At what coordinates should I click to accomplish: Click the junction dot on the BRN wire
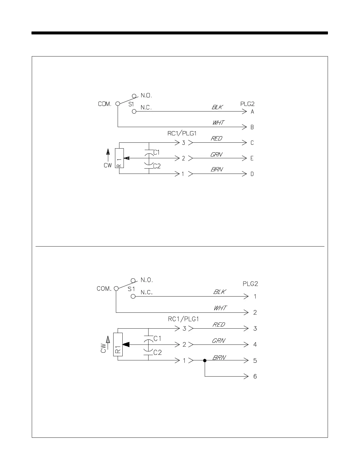(205, 360)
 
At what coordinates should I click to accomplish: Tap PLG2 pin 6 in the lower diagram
(255, 376)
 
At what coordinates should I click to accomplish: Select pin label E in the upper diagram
(252, 158)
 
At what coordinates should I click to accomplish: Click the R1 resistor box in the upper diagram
(119, 158)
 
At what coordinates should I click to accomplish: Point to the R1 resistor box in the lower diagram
(118, 344)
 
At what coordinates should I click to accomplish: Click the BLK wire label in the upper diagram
(217, 107)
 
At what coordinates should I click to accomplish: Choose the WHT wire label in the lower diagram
(220, 308)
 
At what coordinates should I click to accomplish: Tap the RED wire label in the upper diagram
(216, 139)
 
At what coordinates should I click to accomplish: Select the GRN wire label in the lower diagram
(219, 341)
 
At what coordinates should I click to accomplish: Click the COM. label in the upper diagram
(105, 104)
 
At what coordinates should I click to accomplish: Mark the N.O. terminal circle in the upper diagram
(134, 96)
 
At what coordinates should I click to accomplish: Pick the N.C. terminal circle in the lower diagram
(133, 297)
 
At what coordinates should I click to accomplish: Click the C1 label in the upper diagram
(157, 152)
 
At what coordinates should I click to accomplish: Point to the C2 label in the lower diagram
(158, 352)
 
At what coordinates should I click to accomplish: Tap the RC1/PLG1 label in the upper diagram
(182, 134)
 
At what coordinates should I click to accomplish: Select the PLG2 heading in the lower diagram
(250, 284)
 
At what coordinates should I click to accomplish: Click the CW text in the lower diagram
(103, 348)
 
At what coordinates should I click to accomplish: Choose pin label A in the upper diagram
(252, 112)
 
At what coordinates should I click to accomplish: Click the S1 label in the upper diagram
(131, 104)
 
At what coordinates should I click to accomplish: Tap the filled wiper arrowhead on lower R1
(126, 344)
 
